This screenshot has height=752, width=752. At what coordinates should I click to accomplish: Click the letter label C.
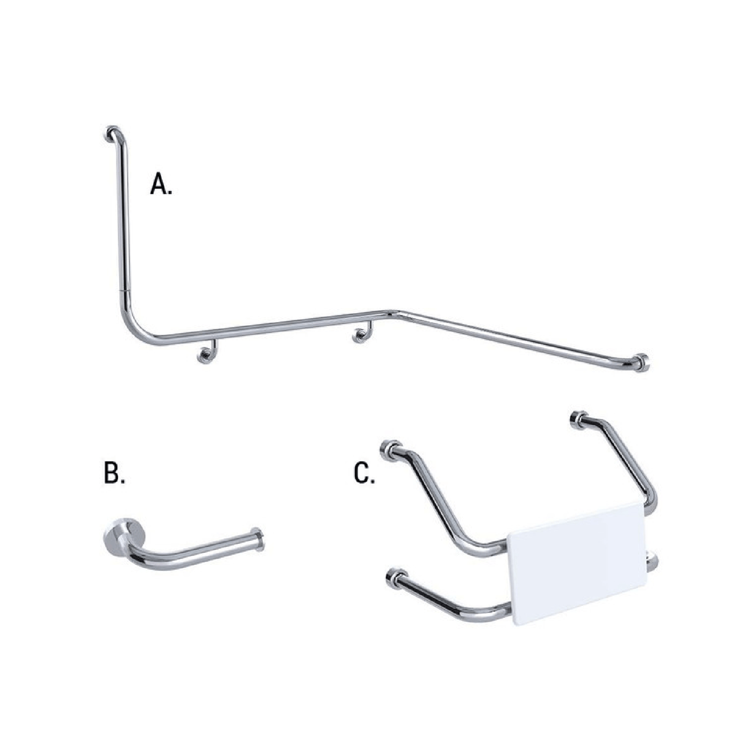[364, 473]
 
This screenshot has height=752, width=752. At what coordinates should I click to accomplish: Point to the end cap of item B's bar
[258, 538]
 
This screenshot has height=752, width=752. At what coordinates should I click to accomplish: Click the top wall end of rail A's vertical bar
[111, 133]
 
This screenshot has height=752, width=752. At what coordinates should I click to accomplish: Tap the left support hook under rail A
[207, 354]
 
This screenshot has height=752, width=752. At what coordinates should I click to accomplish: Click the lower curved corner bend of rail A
[138, 330]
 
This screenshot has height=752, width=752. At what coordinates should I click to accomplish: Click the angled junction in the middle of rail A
[393, 313]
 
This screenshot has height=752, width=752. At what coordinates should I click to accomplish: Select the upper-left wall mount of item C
[389, 449]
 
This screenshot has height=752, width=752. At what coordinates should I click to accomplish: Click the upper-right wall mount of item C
[578, 419]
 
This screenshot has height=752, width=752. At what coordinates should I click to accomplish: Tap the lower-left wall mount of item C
[396, 578]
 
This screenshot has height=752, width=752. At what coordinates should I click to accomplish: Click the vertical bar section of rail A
[123, 219]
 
